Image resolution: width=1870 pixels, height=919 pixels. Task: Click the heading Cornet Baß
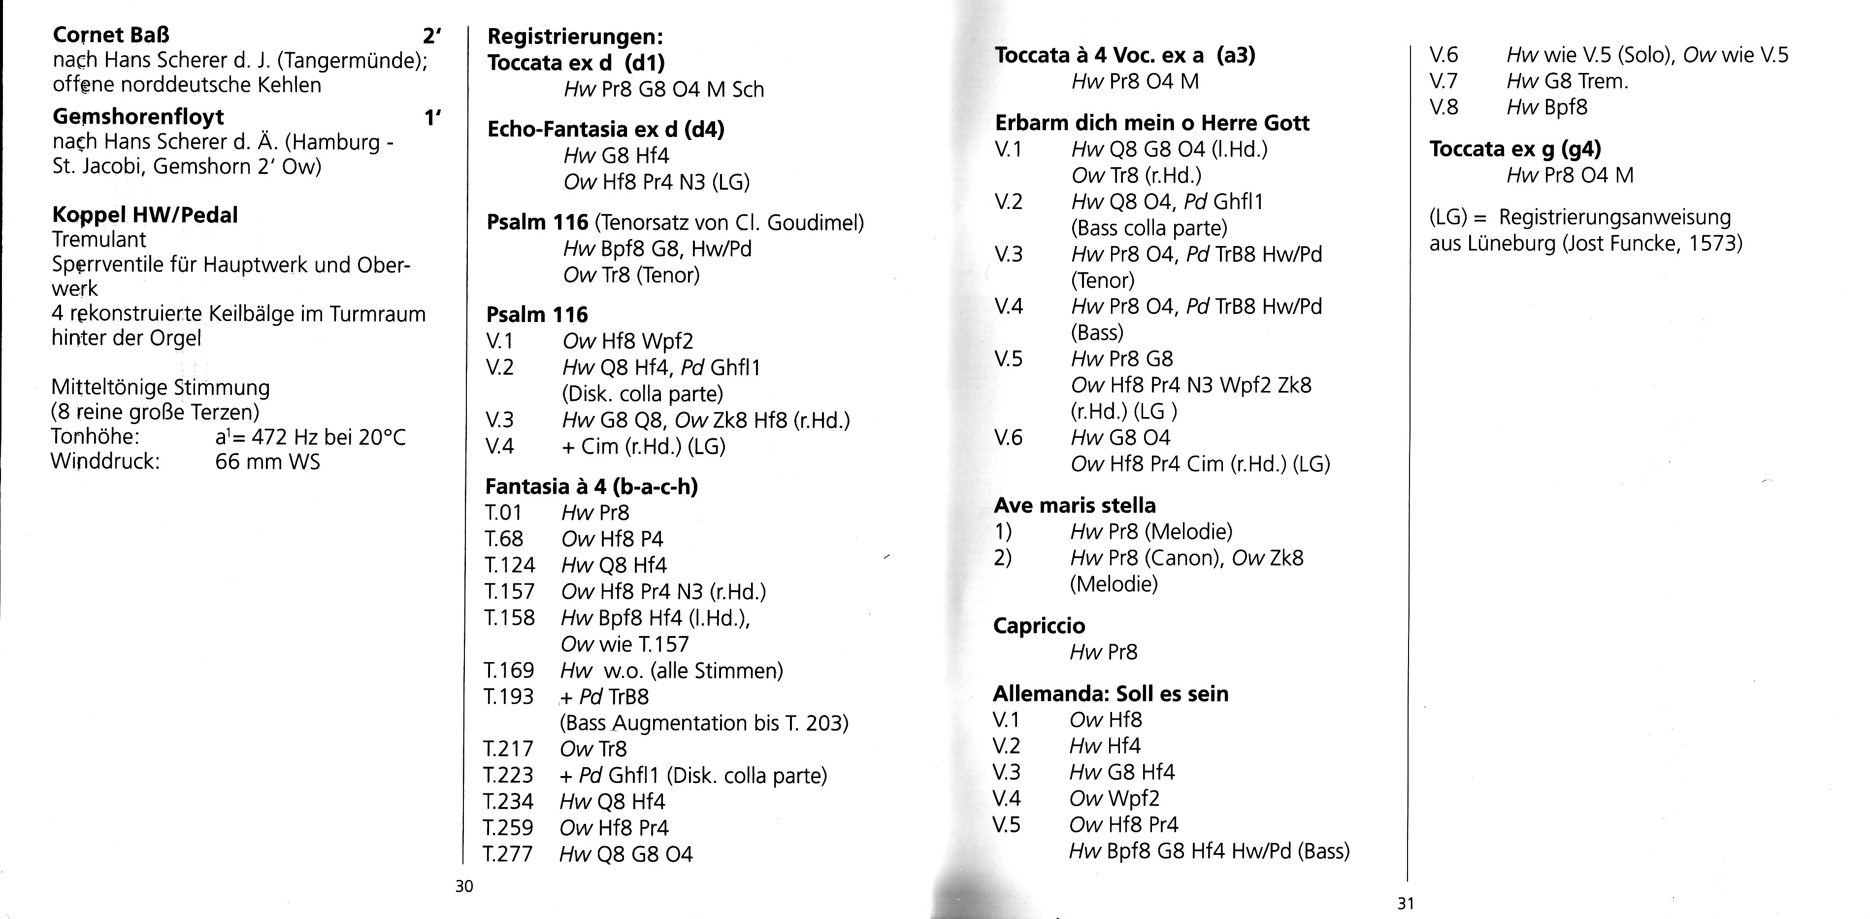click(111, 35)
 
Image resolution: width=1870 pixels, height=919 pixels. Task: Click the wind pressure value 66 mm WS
click(267, 462)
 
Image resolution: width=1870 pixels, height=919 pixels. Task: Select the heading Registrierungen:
click(575, 36)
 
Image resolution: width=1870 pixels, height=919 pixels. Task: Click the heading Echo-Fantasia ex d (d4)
click(605, 129)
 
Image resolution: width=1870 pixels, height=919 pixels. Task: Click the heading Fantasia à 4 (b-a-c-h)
click(591, 486)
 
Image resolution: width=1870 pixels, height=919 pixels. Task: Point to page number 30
click(464, 886)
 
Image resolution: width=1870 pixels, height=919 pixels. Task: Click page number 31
click(1406, 904)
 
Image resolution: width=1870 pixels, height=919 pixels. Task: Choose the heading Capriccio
click(1039, 626)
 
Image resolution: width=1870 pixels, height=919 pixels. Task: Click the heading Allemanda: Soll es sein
click(1111, 694)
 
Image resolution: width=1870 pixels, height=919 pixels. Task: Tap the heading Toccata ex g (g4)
click(1515, 149)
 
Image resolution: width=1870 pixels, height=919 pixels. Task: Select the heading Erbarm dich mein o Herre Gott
click(1152, 123)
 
